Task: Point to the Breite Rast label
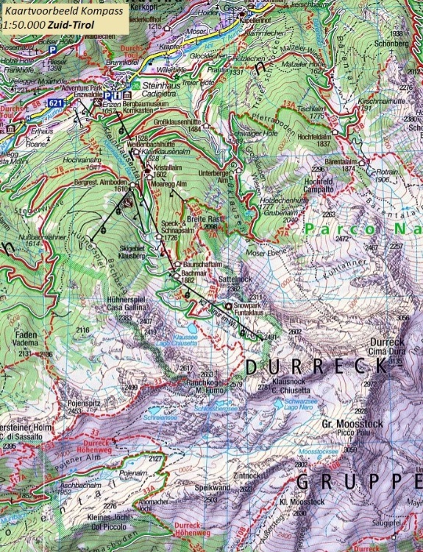point(201,220)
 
